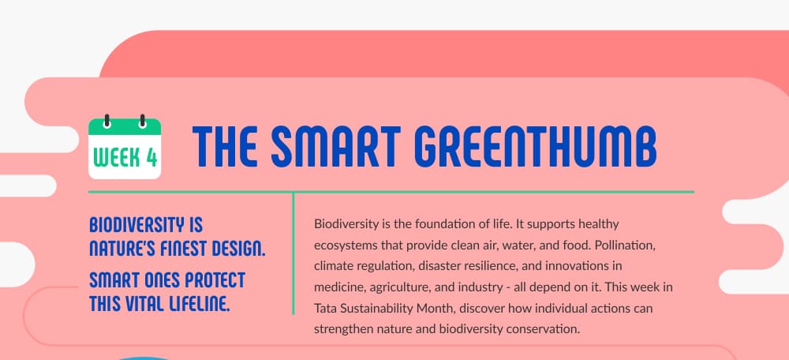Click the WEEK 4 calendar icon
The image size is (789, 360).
(x=125, y=147)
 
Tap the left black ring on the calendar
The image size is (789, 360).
(x=107, y=121)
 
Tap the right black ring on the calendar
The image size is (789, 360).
(x=143, y=121)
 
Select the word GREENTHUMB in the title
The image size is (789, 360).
(x=537, y=147)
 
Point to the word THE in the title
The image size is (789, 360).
(x=224, y=147)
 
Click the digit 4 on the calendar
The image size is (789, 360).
(x=151, y=157)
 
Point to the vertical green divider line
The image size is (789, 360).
(x=294, y=253)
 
